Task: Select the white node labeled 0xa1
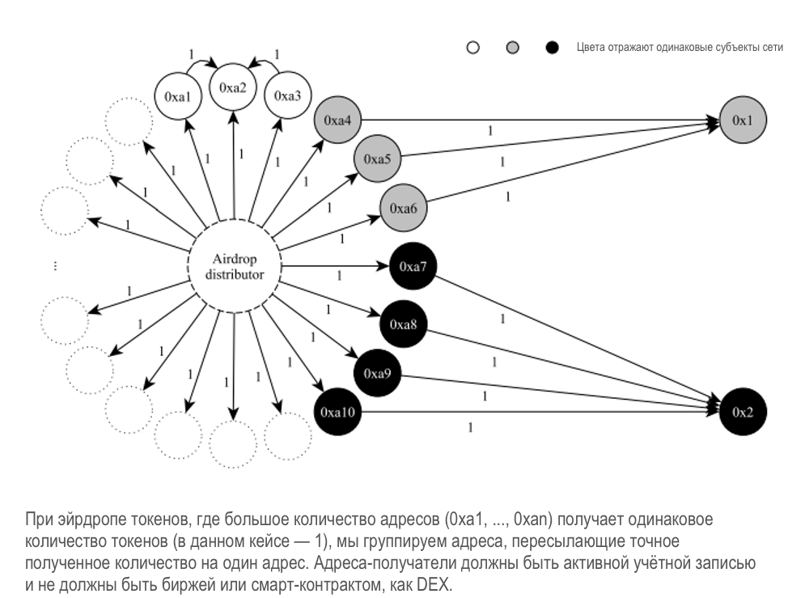pos(177,96)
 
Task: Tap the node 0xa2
pos(232,87)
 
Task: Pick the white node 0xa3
pos(287,96)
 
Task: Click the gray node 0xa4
pos(337,121)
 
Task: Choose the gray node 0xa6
pos(403,208)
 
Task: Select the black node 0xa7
pos(413,265)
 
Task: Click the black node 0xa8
pos(403,324)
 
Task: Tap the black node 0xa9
pos(377,374)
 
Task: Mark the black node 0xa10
pos(336,413)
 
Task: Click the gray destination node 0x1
pos(742,121)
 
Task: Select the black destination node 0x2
pos(742,413)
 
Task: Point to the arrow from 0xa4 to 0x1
pos(534,121)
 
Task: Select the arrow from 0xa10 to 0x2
pos(534,413)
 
